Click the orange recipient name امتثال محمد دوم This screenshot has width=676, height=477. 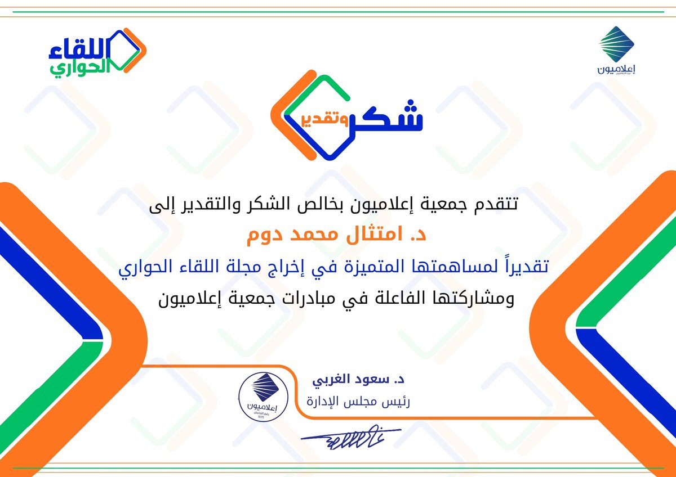(x=337, y=235)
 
